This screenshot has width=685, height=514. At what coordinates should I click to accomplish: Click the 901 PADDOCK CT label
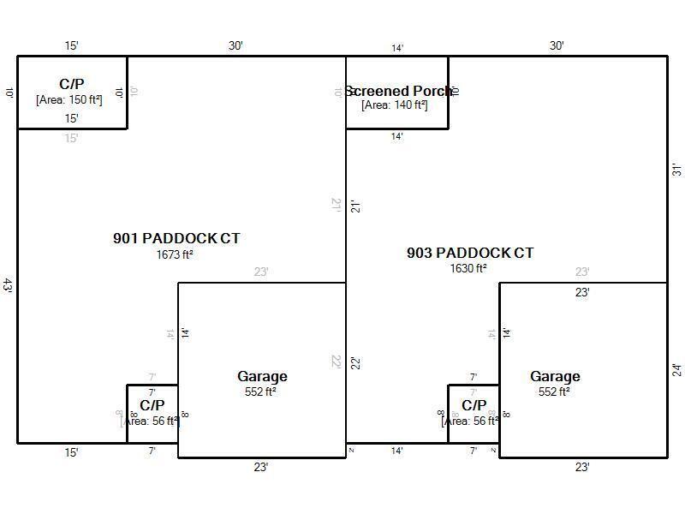point(176,238)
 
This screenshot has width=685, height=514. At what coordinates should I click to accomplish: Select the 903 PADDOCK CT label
point(470,253)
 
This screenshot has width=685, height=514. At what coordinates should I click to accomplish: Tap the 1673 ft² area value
point(175,254)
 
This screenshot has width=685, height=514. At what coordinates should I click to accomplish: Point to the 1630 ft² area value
point(468,268)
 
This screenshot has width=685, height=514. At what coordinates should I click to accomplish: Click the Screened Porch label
point(399,91)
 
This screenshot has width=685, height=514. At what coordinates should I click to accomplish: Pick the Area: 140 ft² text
point(395,105)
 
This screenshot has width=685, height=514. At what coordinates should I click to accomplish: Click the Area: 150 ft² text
point(69,99)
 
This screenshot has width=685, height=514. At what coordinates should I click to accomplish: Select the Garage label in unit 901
point(262,376)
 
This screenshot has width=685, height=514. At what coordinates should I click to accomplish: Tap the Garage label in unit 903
point(555,376)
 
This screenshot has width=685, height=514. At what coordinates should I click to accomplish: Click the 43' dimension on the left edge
point(8,285)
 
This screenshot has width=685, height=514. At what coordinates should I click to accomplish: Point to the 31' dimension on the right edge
point(676,170)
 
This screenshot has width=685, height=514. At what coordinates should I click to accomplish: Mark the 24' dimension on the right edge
point(676,370)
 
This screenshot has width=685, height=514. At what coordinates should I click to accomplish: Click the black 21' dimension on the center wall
point(354,206)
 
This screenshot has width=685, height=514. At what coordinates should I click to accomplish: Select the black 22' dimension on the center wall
point(354,362)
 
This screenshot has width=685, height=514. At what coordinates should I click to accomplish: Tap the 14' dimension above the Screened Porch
point(397,48)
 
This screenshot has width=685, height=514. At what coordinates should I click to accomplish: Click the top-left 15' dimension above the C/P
point(72,45)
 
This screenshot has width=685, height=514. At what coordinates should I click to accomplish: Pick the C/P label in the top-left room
point(72,84)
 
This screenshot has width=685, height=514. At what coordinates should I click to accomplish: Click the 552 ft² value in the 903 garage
point(554,391)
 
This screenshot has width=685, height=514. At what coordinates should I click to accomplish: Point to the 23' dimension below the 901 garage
point(260,467)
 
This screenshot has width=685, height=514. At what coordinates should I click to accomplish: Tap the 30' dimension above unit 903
point(557,45)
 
